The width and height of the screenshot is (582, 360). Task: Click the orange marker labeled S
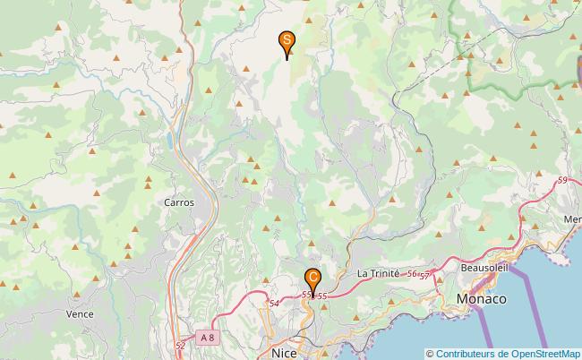287,41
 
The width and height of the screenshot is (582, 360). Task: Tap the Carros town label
179,202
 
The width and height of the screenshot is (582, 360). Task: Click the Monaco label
481,299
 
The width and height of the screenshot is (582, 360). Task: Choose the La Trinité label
378,273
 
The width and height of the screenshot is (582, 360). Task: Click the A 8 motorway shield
208,337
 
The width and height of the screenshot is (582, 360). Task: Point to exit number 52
181,345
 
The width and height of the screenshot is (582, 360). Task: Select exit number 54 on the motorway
273,304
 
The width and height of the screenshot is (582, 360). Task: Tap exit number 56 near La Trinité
412,274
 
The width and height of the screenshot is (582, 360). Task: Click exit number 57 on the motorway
425,275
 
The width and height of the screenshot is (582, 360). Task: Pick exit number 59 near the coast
561,181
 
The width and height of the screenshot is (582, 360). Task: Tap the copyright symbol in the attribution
431,353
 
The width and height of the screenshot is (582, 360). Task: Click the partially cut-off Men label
572,219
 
